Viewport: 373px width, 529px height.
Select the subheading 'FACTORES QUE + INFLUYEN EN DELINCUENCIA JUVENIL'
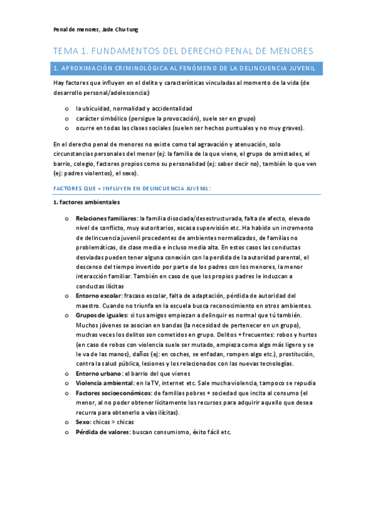tap(131, 188)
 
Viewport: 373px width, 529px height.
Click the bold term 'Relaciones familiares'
tap(106, 218)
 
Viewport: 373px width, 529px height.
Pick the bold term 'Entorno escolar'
tap(99, 295)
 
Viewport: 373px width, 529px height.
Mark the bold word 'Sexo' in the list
tap(83, 422)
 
